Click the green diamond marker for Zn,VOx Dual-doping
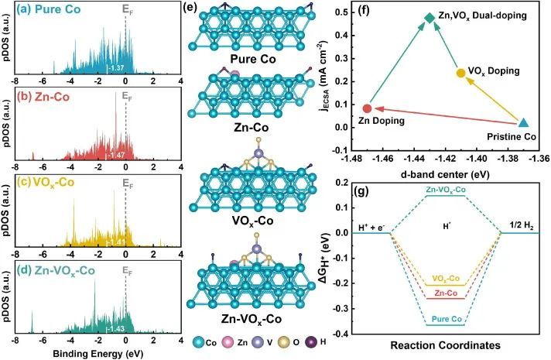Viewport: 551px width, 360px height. point(430,17)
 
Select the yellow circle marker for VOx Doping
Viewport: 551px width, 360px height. point(461,73)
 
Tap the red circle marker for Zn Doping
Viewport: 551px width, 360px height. point(368,108)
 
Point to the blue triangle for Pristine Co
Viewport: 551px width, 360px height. point(523,123)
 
